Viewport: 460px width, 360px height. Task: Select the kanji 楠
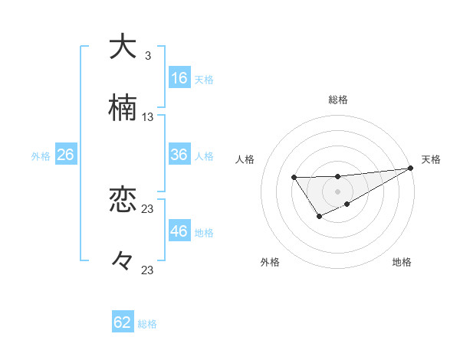(x=123, y=109)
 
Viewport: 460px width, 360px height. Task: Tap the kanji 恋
(x=123, y=201)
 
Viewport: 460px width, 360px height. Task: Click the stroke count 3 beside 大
(x=147, y=55)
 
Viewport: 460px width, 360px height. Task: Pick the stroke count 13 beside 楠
(x=148, y=117)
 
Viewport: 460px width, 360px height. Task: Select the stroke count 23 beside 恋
(x=148, y=208)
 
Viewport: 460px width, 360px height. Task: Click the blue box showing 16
(x=179, y=77)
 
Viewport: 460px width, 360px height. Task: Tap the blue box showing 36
(x=179, y=155)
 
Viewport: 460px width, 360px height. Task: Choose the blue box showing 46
(x=179, y=231)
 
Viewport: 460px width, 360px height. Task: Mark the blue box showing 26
(x=65, y=155)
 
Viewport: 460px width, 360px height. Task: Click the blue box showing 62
(x=123, y=322)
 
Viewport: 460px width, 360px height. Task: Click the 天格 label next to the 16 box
(x=204, y=79)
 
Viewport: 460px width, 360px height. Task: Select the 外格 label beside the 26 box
(x=41, y=156)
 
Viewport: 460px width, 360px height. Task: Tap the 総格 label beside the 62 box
(x=147, y=324)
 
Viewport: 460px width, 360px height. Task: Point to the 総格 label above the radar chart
(x=338, y=100)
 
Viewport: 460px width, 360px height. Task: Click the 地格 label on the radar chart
(x=402, y=263)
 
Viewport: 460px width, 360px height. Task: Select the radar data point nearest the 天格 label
(x=410, y=168)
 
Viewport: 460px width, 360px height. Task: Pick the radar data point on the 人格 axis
(x=294, y=178)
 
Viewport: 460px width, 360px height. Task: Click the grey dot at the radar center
(x=337, y=191)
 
